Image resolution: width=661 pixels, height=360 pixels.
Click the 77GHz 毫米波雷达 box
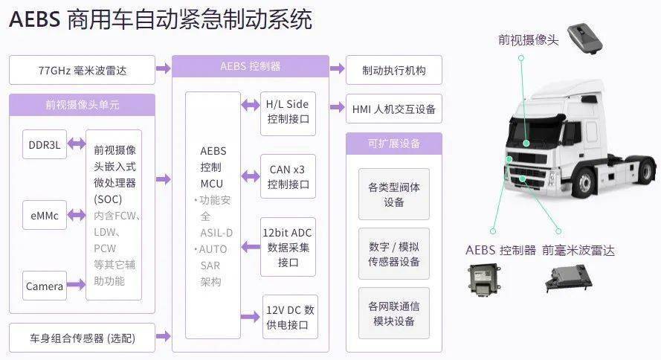click(82, 71)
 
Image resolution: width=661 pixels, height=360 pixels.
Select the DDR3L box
click(44, 145)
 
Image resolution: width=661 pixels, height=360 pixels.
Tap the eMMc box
click(44, 215)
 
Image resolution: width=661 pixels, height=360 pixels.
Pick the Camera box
click(44, 286)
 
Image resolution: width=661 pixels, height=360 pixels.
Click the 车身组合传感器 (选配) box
click(82, 338)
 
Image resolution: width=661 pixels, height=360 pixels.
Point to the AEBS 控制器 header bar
click(250, 66)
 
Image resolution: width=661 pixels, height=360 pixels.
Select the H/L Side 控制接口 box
click(288, 112)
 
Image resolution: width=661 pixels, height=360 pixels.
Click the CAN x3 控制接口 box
click(288, 176)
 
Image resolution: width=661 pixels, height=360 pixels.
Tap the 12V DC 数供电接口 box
click(290, 317)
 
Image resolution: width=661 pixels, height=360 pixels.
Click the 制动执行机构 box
click(393, 71)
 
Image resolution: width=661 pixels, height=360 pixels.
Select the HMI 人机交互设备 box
click(393, 109)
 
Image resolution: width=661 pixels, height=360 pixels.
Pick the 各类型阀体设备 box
click(393, 194)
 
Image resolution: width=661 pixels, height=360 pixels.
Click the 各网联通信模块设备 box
click(393, 313)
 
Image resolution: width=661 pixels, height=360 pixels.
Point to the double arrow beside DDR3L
click(76, 145)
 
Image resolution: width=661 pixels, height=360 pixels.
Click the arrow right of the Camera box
click(76, 286)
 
